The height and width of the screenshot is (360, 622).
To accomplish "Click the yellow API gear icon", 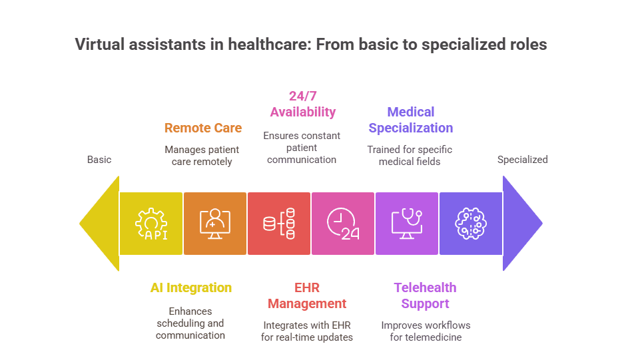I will (x=151, y=224).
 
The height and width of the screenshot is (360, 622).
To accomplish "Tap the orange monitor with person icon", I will (x=215, y=224).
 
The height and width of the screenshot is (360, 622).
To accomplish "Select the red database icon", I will (x=279, y=224).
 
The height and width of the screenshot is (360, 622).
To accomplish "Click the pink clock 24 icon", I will (x=343, y=224).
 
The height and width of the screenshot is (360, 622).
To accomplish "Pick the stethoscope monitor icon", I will (x=407, y=224).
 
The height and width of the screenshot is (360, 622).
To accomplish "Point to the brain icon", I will (x=471, y=224).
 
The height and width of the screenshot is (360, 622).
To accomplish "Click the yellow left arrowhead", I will (x=100, y=224).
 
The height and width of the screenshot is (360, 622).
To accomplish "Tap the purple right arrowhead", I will (x=522, y=224).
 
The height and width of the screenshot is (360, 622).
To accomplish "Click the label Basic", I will (x=99, y=160).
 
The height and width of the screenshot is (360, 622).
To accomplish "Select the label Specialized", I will (x=523, y=160).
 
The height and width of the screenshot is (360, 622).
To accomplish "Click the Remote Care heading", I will (x=203, y=128).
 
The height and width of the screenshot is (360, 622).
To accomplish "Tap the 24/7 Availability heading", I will (x=302, y=104).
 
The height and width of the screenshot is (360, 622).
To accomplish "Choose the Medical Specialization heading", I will (x=411, y=120).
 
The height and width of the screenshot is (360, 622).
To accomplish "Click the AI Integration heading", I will (x=191, y=287).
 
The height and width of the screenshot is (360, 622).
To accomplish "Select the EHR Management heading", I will (x=307, y=295).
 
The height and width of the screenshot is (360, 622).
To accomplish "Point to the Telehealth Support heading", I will (x=425, y=295).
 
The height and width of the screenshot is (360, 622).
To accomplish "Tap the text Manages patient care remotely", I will (x=202, y=155).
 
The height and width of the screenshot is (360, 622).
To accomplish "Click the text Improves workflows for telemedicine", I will (x=426, y=331).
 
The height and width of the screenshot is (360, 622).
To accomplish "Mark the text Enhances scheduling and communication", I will (x=190, y=323).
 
